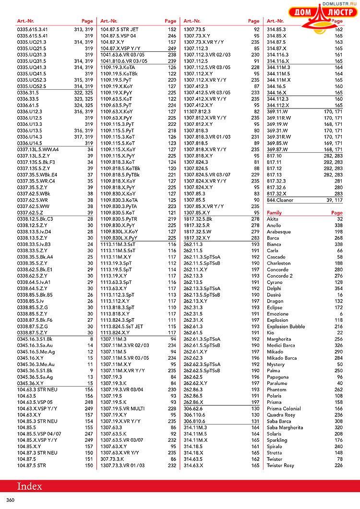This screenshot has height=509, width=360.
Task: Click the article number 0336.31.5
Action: tap(28, 92)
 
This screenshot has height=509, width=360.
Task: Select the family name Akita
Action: tap(272, 219)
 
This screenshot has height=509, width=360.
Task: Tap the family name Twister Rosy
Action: tap(280, 465)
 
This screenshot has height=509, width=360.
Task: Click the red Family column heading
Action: tap(274, 213)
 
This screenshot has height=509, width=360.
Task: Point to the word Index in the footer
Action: tap(30, 486)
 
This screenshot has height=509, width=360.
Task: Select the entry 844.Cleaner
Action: tap(280, 200)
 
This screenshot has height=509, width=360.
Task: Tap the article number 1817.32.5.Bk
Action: tap(198, 219)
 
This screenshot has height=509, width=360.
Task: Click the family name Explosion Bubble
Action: tap(286, 327)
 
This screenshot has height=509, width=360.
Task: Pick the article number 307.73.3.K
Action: tap(113, 459)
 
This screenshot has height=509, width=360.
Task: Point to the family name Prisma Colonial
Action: tap(284, 409)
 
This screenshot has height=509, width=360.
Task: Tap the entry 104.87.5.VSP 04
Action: tap(118, 36)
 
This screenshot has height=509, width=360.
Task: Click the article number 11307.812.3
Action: tap(197, 111)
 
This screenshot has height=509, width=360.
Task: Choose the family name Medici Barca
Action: tap(281, 345)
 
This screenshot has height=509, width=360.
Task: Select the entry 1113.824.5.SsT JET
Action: tap(121, 327)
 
